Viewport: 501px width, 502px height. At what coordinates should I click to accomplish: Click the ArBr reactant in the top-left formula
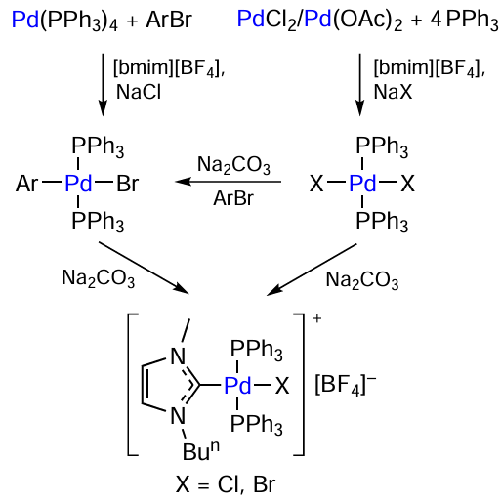(x=169, y=20)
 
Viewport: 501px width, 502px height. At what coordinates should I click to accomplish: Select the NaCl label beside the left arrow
(x=139, y=92)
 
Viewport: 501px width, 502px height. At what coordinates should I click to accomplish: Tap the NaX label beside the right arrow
(x=393, y=92)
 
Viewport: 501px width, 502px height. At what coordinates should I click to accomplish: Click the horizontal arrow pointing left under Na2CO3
(x=229, y=182)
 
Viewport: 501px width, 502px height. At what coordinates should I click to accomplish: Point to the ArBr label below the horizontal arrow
(x=233, y=198)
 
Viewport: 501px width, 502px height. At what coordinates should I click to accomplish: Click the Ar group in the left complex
(x=26, y=184)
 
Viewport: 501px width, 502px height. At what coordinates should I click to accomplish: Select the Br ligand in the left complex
(x=128, y=184)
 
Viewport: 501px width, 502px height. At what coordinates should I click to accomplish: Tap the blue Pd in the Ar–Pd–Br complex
(x=78, y=184)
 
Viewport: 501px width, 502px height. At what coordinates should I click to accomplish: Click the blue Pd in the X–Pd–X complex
(x=362, y=184)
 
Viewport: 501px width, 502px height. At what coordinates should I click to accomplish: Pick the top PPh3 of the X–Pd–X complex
(x=382, y=147)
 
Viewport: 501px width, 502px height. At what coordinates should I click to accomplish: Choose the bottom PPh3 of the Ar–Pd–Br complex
(x=98, y=222)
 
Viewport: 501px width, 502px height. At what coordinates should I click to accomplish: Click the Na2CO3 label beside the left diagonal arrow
(x=99, y=279)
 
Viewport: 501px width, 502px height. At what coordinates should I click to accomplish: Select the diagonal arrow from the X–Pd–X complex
(x=312, y=270)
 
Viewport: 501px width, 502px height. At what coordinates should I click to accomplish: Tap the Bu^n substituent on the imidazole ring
(x=201, y=450)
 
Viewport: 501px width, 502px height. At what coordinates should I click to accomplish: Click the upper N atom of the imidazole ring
(x=178, y=356)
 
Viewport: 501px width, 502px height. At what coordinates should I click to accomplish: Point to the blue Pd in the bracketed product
(x=237, y=386)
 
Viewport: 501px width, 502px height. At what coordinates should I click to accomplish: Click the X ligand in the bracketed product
(x=282, y=386)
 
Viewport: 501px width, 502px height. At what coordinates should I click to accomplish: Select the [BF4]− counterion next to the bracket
(x=346, y=385)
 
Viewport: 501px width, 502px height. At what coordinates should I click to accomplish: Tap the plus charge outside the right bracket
(x=317, y=318)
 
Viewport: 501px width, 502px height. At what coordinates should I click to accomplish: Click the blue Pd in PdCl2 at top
(x=251, y=19)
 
